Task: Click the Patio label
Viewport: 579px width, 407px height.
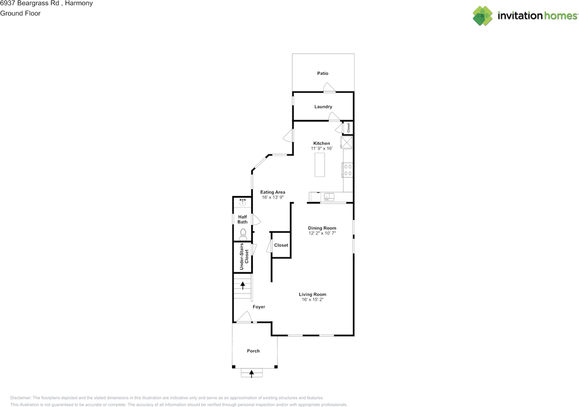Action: click(x=323, y=73)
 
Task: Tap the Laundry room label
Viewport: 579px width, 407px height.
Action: click(x=323, y=107)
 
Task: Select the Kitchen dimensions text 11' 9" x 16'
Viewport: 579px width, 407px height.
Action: click(x=322, y=149)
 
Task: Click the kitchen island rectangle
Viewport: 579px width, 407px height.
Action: click(x=320, y=165)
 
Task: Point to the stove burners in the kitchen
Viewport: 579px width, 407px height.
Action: click(x=348, y=170)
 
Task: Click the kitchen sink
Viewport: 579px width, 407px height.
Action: click(x=329, y=196)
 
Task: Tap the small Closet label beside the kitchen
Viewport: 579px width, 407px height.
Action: click(x=348, y=128)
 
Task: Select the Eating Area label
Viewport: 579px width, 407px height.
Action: click(x=273, y=192)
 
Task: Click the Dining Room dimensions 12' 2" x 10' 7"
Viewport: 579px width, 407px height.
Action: click(x=322, y=234)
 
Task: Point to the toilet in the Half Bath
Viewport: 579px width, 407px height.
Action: click(x=243, y=233)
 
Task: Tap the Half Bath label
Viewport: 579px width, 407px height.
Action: click(x=243, y=220)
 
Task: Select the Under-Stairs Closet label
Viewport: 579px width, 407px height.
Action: click(x=244, y=257)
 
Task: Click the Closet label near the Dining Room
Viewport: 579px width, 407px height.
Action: click(x=281, y=245)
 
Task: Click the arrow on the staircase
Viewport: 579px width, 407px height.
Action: click(x=243, y=285)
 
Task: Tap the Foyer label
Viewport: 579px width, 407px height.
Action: click(x=259, y=307)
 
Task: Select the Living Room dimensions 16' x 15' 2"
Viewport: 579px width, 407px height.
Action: click(x=313, y=299)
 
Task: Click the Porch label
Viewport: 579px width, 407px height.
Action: click(x=253, y=351)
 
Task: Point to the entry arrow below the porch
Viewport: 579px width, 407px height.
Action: click(x=252, y=373)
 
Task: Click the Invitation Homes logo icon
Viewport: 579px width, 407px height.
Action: click(x=483, y=16)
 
